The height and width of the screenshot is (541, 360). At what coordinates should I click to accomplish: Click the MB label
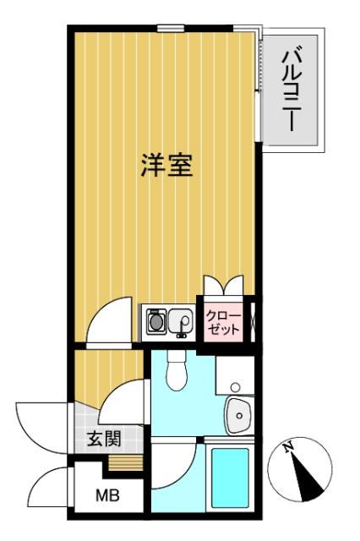[x=105, y=495]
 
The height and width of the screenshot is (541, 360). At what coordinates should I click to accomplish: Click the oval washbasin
[x=239, y=414]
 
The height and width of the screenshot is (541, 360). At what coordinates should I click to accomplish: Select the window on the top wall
[x=169, y=29]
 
